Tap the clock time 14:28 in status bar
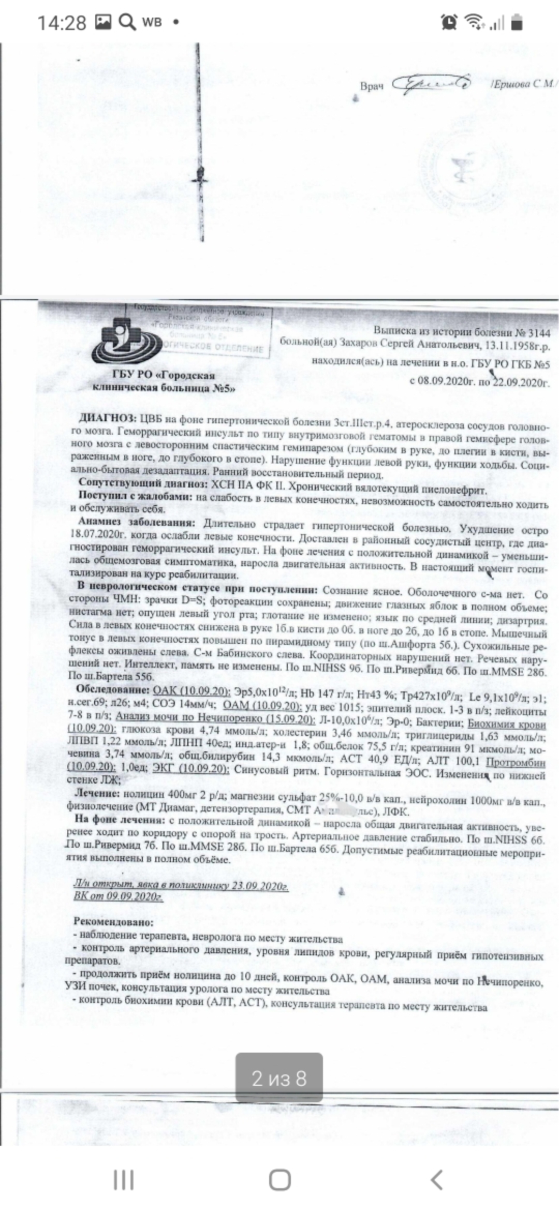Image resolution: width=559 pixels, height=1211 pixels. coord(62,23)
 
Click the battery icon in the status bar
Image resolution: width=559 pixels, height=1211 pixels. coord(517,23)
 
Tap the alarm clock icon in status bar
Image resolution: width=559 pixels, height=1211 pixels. coord(449,22)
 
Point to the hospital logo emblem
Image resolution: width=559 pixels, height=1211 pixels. coord(127,342)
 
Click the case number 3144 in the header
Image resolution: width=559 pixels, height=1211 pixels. coord(538,333)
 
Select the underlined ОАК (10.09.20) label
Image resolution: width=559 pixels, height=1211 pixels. coord(191,692)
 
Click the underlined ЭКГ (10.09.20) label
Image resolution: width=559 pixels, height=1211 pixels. coord(190,770)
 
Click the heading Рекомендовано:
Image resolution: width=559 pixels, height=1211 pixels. coord(113,922)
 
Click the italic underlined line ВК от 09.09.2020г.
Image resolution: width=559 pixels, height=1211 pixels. coord(117,896)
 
